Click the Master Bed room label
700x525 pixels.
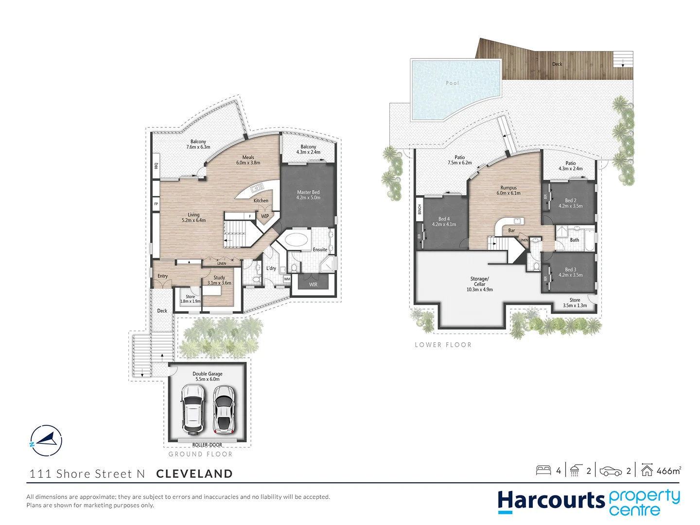308,192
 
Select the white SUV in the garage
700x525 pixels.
192,409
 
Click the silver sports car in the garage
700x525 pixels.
224,409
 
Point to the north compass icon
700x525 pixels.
46,440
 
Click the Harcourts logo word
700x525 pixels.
551,501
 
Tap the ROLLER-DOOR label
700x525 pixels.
207,445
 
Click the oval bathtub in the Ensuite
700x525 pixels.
297,240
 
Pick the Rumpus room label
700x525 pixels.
508,188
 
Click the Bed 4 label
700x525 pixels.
444,219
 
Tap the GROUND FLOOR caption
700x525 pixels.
200,454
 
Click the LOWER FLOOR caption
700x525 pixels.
443,345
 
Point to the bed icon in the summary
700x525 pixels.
543,471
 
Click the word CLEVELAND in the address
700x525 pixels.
194,474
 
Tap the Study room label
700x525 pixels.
219,278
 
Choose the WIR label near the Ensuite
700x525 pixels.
313,284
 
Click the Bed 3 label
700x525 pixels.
571,269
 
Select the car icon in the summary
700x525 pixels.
611,471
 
